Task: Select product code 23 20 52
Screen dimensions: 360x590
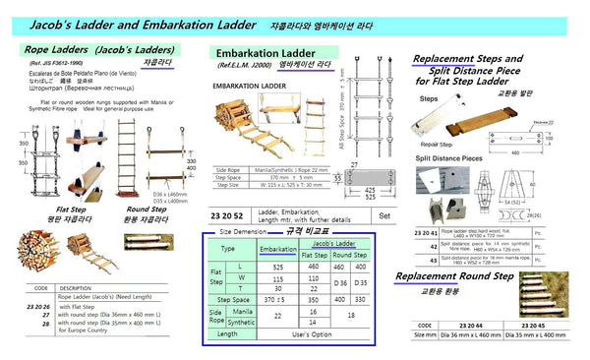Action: pos(227,214)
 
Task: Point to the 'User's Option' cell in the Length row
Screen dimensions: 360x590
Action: pos(314,332)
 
